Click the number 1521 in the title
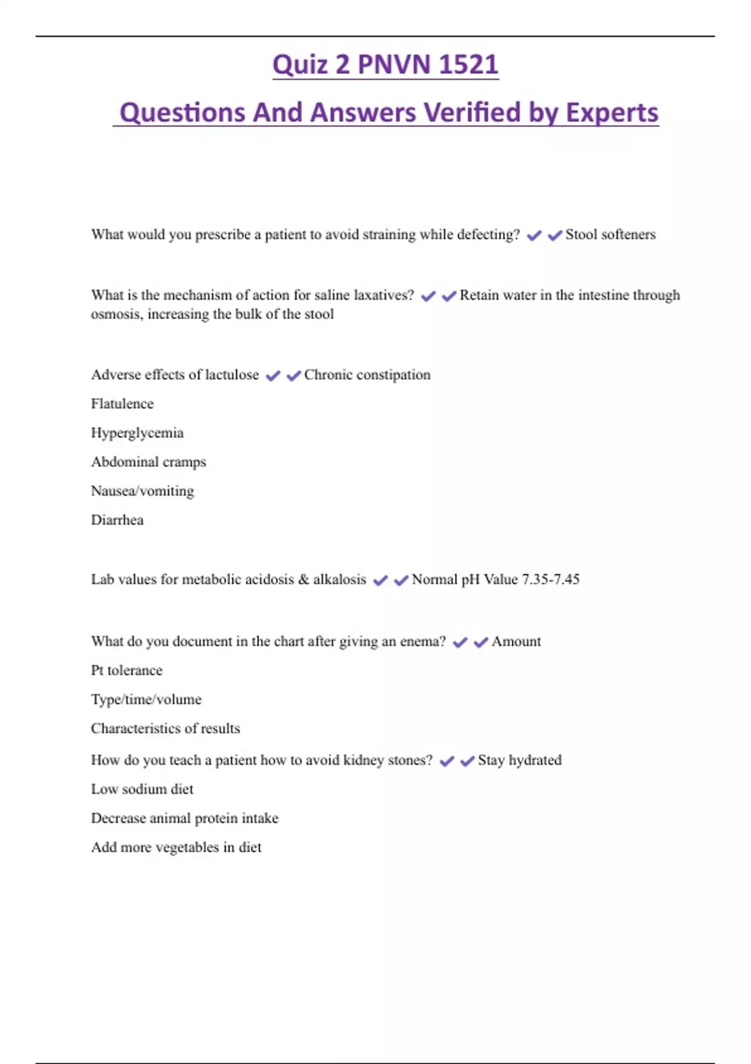[x=468, y=64]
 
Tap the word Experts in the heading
[x=612, y=113]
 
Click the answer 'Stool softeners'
[x=610, y=235]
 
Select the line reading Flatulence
[x=122, y=404]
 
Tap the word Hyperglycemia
[x=137, y=433]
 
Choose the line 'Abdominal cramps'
[x=148, y=462]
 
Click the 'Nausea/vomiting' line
[x=142, y=491]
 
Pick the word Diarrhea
[x=117, y=520]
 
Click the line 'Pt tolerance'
[x=126, y=670]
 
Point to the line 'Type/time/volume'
[x=146, y=699]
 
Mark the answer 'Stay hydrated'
[x=519, y=760]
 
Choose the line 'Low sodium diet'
[x=142, y=789]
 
